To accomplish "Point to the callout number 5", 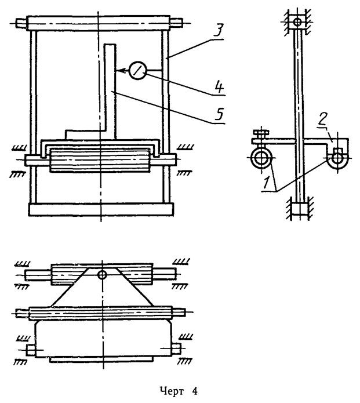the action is tap(219, 114).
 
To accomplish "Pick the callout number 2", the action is tap(322, 119).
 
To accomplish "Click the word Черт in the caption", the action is tap(172, 391).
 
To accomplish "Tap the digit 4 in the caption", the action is tap(195, 391).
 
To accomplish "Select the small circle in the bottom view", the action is tap(102, 275).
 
